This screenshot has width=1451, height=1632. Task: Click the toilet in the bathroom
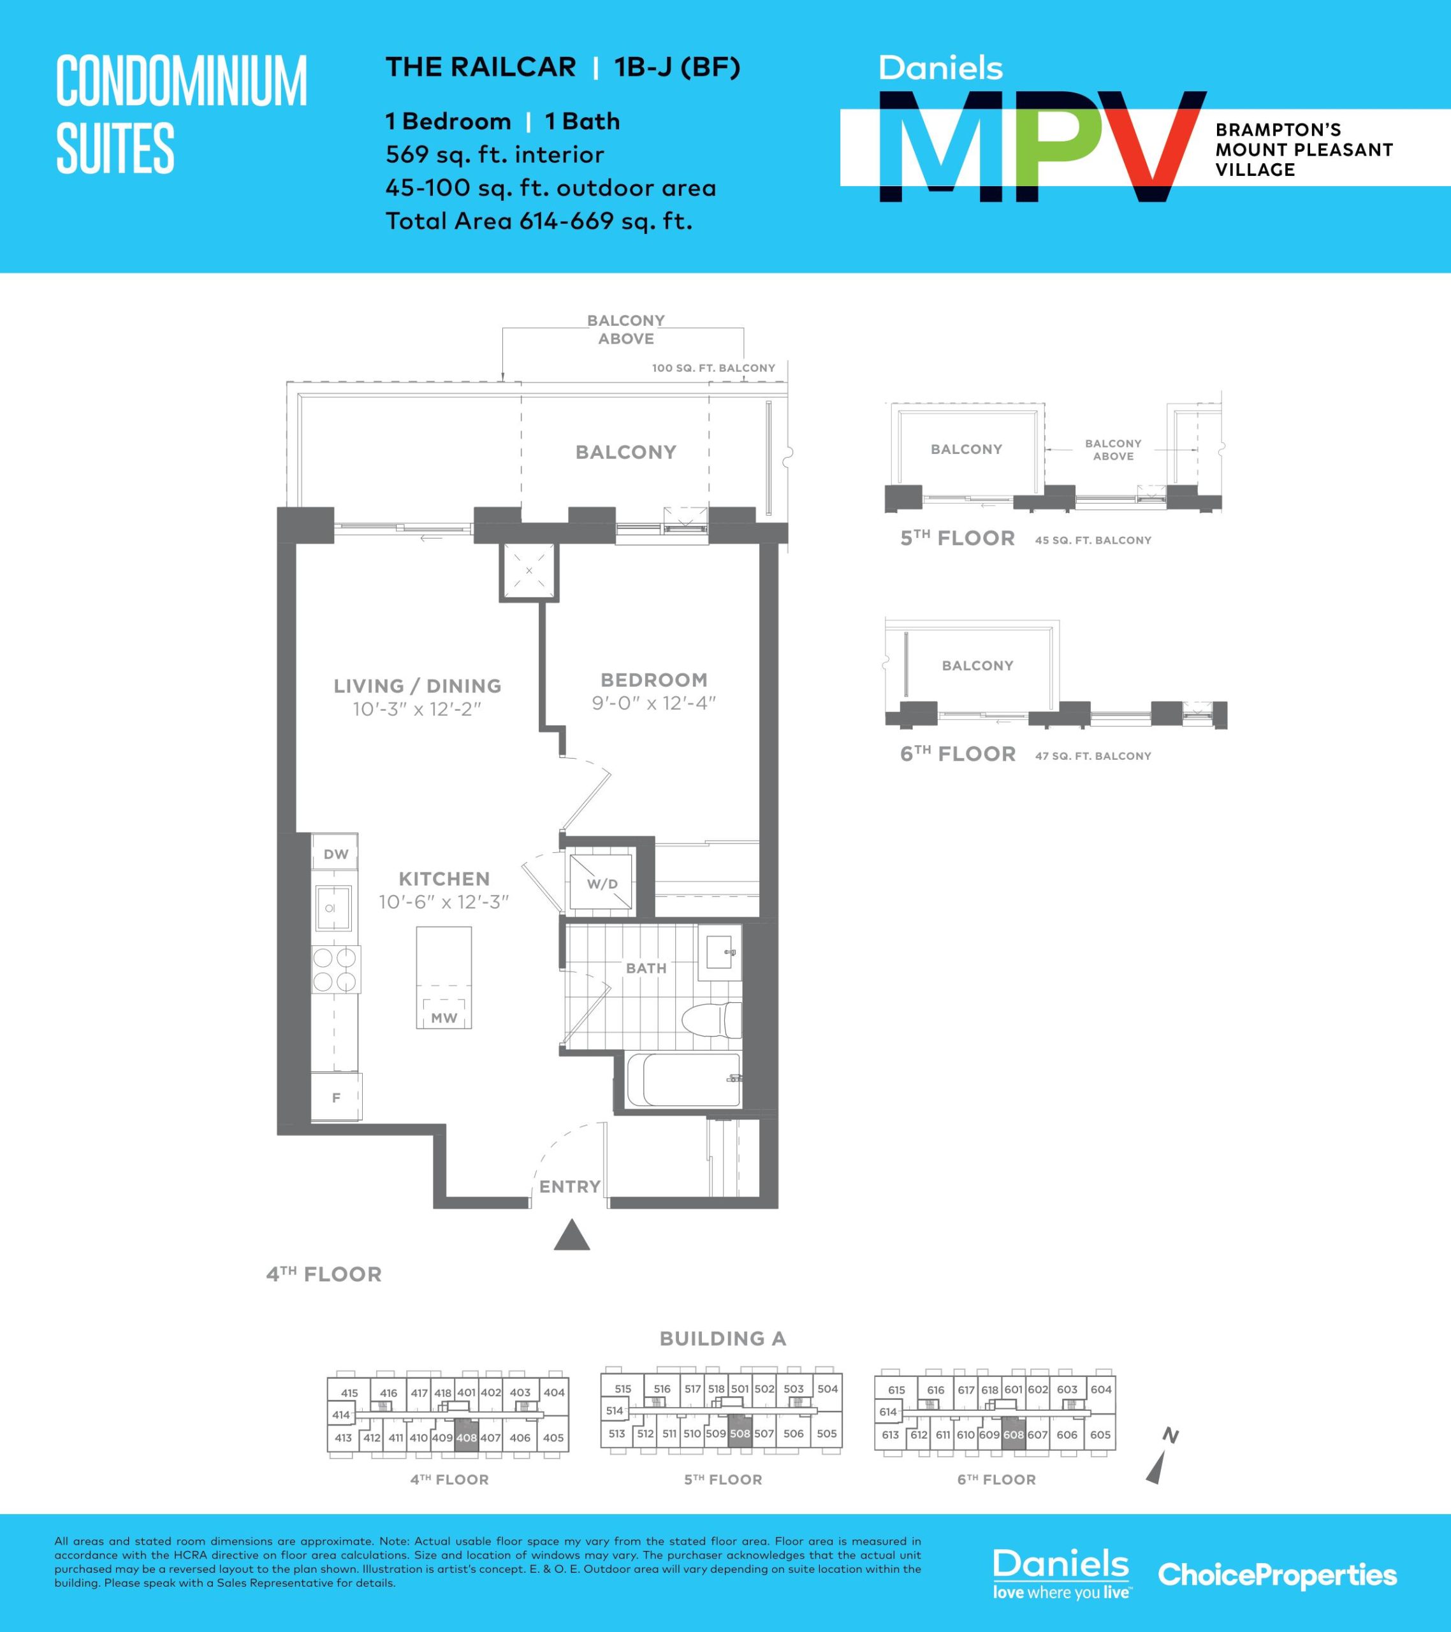(x=711, y=1021)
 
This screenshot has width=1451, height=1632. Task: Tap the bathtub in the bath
(x=683, y=1081)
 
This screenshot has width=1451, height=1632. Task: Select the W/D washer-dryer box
(x=601, y=882)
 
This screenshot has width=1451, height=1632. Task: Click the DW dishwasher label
(x=336, y=854)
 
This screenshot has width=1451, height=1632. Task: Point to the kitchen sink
(x=334, y=908)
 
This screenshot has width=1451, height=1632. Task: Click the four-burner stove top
(x=335, y=968)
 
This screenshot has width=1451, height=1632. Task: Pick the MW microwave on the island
(x=444, y=1013)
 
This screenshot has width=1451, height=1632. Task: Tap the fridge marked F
(x=336, y=1097)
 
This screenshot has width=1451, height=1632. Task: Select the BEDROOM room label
(x=654, y=680)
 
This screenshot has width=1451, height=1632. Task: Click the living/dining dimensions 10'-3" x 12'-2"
(x=417, y=709)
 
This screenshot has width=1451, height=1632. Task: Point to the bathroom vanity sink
(x=720, y=952)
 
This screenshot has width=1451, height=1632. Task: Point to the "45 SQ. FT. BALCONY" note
(x=1093, y=541)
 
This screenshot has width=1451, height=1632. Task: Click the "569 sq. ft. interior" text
(x=494, y=154)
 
